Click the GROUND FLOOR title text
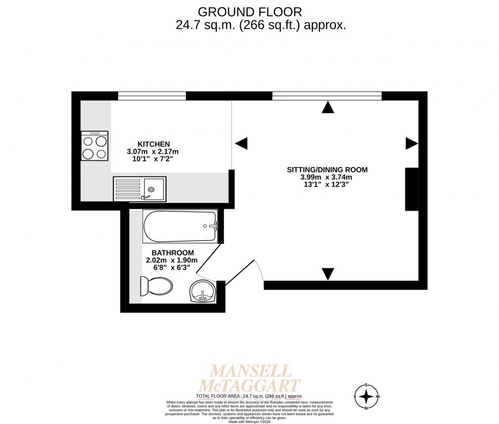[249, 11]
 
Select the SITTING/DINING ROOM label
[326, 169]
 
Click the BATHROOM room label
[172, 253]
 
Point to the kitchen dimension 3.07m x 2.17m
[153, 152]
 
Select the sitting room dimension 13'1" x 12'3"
[326, 185]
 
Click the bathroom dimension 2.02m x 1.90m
[172, 261]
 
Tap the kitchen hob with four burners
[95, 146]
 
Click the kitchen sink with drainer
[140, 189]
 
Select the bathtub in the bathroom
[180, 226]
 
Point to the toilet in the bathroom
[156, 286]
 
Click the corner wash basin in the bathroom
[203, 292]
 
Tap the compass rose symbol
[366, 396]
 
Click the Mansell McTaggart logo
[252, 378]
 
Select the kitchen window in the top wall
[152, 96]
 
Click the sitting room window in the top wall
[326, 96]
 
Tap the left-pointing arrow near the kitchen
[241, 144]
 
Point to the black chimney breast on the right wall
[411, 189]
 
